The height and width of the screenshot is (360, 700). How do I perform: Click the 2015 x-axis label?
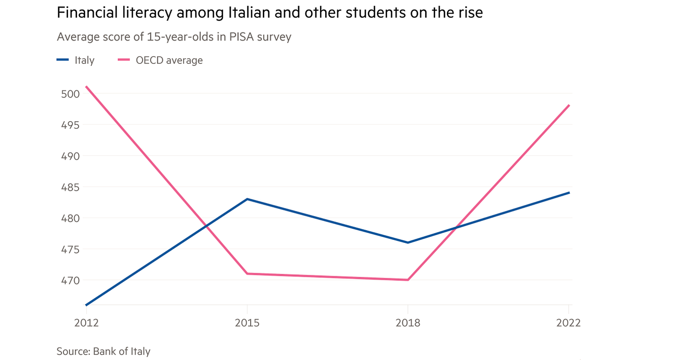point(247,323)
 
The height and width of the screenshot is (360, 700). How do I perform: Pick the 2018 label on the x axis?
point(407,323)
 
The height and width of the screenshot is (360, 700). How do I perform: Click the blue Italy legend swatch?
point(63,60)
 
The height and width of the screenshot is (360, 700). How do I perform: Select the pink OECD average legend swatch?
point(124,60)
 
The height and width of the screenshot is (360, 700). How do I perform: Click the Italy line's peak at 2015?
point(247,199)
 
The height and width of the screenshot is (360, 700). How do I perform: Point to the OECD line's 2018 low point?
point(407,280)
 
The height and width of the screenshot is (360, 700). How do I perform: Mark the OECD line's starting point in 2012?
point(86,86)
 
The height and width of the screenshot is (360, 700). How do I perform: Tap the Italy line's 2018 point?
point(407,242)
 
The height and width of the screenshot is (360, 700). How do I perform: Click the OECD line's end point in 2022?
point(570,105)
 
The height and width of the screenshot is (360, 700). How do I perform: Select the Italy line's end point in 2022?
point(570,193)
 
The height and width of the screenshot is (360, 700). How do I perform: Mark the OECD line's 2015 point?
point(247,274)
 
